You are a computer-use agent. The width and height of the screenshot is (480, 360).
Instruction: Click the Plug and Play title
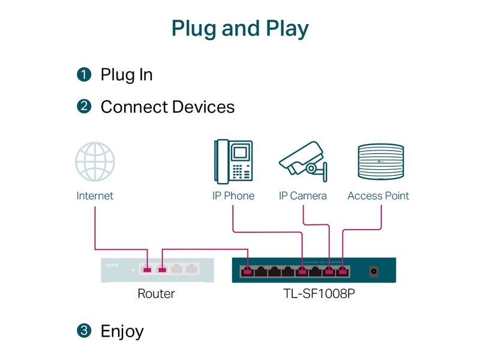(x=240, y=29)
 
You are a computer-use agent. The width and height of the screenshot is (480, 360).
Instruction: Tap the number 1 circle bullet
(x=84, y=74)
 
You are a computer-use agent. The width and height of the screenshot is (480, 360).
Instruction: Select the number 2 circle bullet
(x=84, y=106)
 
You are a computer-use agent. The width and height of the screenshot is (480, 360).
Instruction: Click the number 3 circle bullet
(x=84, y=331)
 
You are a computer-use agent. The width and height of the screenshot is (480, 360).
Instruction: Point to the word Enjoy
(x=122, y=332)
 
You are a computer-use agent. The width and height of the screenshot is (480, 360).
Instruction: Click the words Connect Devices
(x=167, y=107)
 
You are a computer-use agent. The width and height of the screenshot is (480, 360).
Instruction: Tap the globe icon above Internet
(x=95, y=161)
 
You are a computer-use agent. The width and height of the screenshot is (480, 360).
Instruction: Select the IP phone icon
(x=233, y=161)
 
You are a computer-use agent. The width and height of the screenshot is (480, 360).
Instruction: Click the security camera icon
(x=303, y=161)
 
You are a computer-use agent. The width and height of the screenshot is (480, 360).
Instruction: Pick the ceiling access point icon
(x=381, y=161)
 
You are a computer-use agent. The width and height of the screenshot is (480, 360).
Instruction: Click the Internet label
(x=95, y=196)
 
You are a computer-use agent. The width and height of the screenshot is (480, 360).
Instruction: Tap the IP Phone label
(x=233, y=196)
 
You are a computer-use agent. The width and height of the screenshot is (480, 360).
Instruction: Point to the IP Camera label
(x=303, y=196)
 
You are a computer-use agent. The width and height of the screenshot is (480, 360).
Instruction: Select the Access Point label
(x=379, y=196)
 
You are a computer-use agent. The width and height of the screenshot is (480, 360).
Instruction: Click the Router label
(x=156, y=293)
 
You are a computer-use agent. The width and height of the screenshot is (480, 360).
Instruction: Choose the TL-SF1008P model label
(x=319, y=293)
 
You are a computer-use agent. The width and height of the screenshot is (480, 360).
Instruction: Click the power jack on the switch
(x=374, y=271)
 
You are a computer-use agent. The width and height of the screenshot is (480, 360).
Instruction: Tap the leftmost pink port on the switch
(x=247, y=271)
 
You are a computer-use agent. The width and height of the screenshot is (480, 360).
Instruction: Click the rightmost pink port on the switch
(x=343, y=271)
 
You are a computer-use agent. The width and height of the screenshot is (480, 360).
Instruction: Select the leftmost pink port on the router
(x=147, y=269)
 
